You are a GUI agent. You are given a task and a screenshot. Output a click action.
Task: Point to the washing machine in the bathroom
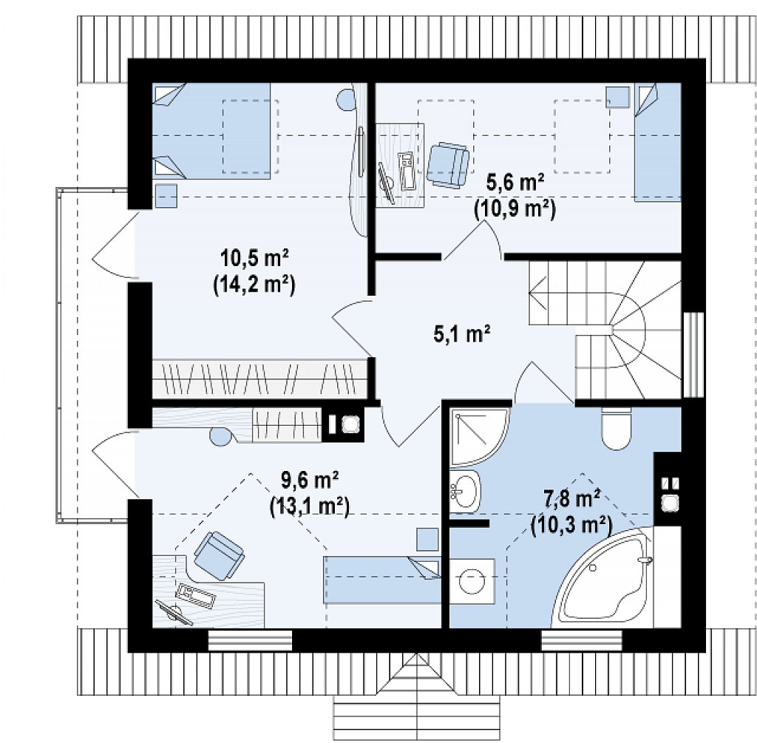[x=472, y=581]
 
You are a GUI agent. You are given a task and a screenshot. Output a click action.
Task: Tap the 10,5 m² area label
[x=254, y=258]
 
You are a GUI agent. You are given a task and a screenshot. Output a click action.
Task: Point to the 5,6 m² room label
[x=515, y=183]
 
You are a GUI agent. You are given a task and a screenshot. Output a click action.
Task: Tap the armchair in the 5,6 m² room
[x=448, y=164]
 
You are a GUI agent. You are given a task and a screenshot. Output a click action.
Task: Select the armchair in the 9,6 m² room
[x=218, y=555]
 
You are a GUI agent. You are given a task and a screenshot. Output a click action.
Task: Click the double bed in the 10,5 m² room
[x=211, y=131]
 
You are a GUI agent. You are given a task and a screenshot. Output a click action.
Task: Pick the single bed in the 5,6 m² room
[x=657, y=142]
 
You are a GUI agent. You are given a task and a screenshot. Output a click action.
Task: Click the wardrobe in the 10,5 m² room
[x=259, y=379]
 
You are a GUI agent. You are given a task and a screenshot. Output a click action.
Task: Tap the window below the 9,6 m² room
[x=250, y=642]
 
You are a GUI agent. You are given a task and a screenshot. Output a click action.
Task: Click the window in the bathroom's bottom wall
[x=581, y=642]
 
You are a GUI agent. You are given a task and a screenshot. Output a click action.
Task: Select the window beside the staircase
[x=693, y=355]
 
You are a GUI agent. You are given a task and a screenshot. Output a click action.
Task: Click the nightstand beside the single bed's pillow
[x=618, y=97]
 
